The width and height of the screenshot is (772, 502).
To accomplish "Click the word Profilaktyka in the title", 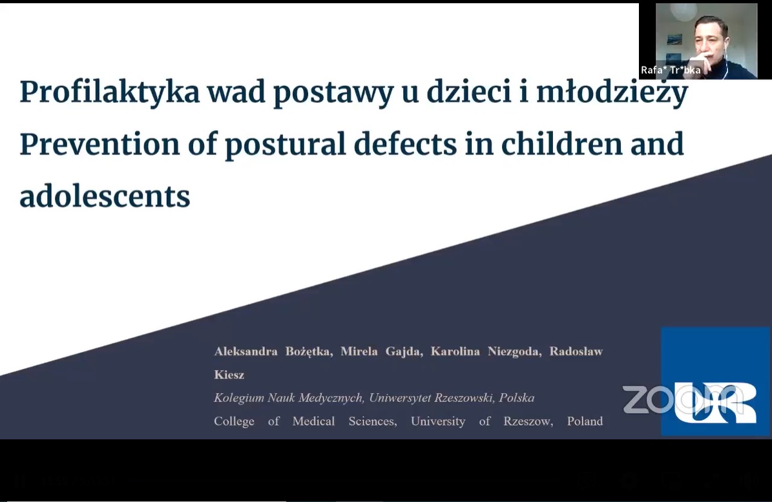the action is click(x=110, y=92).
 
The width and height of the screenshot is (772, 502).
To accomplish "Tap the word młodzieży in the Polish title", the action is click(x=612, y=92).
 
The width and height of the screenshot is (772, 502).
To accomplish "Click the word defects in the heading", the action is click(x=405, y=143).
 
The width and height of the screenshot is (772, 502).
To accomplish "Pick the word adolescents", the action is click(x=105, y=196).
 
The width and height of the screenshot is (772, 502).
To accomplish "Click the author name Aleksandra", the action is click(x=245, y=351).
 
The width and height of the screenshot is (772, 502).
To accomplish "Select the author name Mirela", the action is click(x=359, y=351).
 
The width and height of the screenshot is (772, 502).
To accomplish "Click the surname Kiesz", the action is click(x=229, y=375).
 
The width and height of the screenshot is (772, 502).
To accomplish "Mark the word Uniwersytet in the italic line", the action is click(x=399, y=398).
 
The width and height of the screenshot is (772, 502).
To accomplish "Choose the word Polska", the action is click(x=516, y=398).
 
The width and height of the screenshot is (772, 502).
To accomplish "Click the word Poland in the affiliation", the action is click(x=585, y=421).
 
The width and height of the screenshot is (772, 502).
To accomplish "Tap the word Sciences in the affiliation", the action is click(x=373, y=421).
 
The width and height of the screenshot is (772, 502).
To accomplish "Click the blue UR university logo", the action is click(x=715, y=381).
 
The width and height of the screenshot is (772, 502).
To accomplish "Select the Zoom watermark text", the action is click(x=682, y=399).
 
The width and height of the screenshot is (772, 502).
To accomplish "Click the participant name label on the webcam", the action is click(x=671, y=70).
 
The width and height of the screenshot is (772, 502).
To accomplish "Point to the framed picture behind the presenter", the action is click(x=674, y=40).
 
